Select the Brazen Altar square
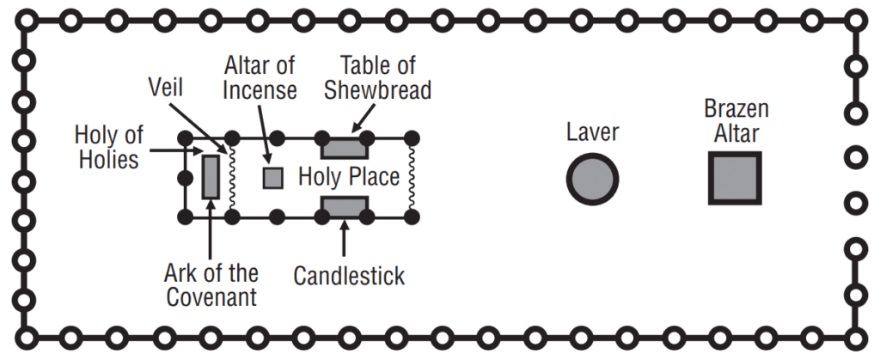[735, 178]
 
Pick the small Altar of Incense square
[272, 178]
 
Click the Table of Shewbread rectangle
[345, 148]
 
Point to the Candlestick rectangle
[345, 206]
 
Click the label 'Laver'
[593, 132]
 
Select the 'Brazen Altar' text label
[736, 121]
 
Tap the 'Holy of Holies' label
[108, 147]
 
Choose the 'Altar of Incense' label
[261, 77]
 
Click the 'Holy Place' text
[349, 178]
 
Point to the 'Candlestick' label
[349, 276]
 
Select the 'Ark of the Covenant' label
[211, 286]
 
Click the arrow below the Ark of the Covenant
[211, 232]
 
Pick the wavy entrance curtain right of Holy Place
[412, 178]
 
